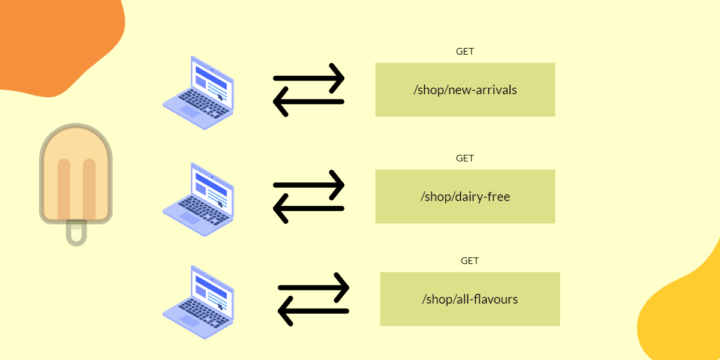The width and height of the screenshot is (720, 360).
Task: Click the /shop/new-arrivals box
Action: tap(465, 90)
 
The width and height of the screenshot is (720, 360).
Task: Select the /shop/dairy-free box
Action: tap(465, 196)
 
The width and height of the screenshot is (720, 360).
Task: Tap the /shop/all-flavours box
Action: tap(470, 299)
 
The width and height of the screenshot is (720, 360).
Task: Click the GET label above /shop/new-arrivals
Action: tap(465, 52)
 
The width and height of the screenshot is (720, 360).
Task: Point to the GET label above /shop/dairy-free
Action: tap(465, 158)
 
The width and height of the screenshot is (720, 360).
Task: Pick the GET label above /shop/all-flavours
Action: tap(470, 261)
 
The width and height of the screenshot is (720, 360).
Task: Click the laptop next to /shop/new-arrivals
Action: tap(198, 93)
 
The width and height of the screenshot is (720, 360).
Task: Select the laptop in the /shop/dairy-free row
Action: tap(198, 199)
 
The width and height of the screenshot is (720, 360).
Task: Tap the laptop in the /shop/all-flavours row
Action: tap(198, 302)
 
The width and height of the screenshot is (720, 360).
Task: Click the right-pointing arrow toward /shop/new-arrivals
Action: tap(309, 78)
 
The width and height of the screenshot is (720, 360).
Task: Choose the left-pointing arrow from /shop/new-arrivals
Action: tap(309, 102)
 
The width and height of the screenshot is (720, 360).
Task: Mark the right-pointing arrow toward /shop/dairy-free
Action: tap(309, 185)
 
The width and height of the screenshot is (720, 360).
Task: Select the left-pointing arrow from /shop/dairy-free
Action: tap(309, 209)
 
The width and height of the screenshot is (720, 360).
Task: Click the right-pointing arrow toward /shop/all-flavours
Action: tap(314, 287)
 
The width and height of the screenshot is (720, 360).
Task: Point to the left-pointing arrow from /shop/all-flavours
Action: tap(314, 311)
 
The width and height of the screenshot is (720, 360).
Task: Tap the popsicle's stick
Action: tap(76, 232)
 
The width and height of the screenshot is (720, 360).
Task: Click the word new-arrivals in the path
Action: tap(483, 90)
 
